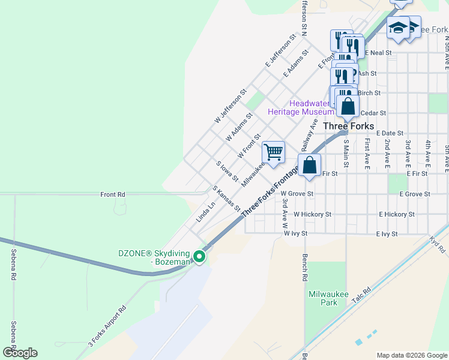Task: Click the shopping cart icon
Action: coord(273,152)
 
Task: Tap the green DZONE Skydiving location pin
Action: coord(199,257)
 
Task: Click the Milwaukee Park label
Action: coord(324,298)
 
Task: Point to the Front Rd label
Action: coord(113,194)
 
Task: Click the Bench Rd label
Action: coord(304,268)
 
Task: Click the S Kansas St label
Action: coord(226,199)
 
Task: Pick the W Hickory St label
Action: coord(312,214)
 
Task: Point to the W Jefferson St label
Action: coord(230,107)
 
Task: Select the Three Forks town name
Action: coord(348,127)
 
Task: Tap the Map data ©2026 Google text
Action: coord(411,355)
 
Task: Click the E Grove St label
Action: coord(409,194)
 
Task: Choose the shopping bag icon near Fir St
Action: coord(310,165)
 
